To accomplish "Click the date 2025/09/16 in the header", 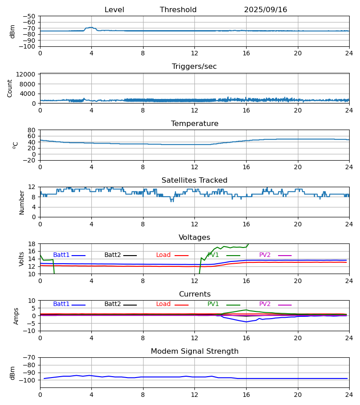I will pos(265,10).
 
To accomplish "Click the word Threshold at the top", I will pos(178,10).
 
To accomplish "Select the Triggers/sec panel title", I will pos(194,67).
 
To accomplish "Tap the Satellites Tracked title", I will pos(194,180).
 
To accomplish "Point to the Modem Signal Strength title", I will pos(194,351).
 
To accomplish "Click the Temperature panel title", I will pos(194,124).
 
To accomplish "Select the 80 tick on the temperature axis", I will pos(32,130).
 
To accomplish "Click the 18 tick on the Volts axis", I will pos(32,244).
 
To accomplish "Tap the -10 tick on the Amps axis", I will pos(30,331).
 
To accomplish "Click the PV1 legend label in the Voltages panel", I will pos(213,255).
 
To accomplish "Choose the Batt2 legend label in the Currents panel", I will pos(112,304).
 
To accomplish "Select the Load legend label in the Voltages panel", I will pos(163,255).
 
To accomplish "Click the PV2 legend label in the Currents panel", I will pos(265,304).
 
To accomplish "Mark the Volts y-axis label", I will pos(21,259).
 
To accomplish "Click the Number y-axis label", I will pos(22,202).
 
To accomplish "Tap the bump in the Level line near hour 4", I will pos(91,27).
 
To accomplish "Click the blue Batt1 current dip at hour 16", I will pos(246,322).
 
